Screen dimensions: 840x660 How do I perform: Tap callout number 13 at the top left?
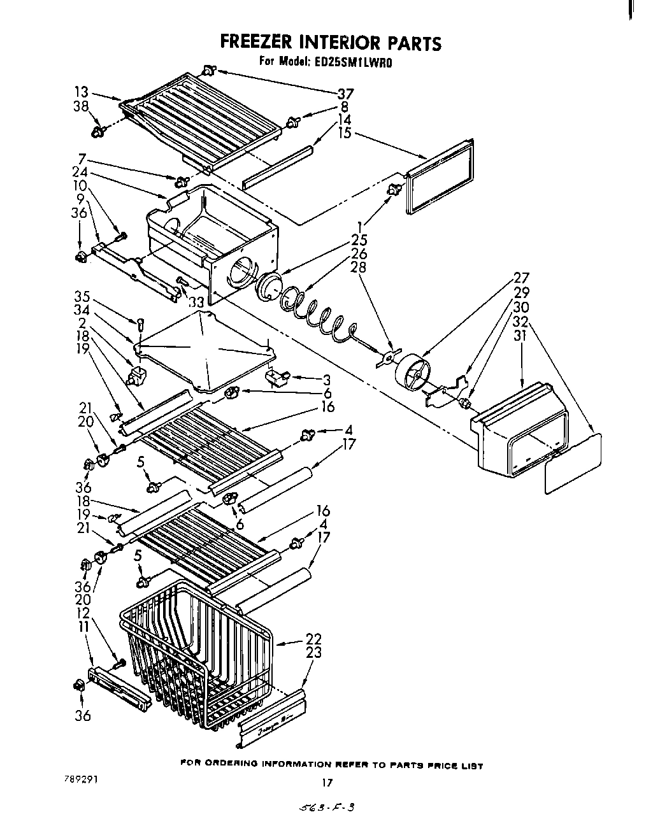81,92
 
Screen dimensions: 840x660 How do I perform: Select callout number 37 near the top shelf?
345,94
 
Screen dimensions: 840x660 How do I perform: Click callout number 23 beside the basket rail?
313,653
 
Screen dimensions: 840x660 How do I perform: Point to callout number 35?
81,297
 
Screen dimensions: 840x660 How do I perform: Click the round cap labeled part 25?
269,286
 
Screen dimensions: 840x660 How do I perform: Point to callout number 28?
359,267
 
